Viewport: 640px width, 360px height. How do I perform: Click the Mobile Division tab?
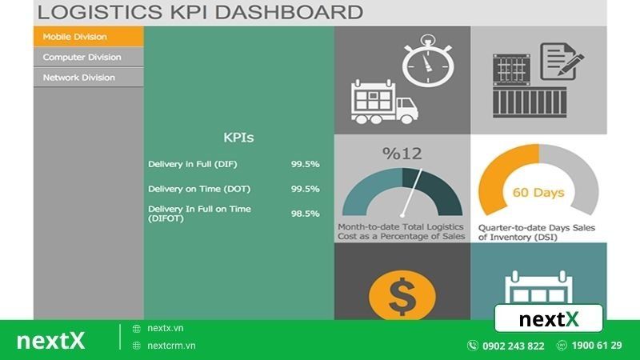click(x=88, y=36)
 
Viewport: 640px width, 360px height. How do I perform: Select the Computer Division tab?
click(x=88, y=57)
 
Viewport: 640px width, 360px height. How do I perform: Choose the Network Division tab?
click(x=88, y=78)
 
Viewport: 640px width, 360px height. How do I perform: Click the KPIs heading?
click(x=238, y=138)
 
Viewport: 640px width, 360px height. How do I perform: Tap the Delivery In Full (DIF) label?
click(x=193, y=164)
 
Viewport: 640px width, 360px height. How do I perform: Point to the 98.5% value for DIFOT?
click(x=305, y=214)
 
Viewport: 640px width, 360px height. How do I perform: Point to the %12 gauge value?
click(x=402, y=154)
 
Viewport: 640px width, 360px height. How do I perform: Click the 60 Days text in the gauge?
click(x=538, y=193)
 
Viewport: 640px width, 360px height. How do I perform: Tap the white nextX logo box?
click(x=548, y=319)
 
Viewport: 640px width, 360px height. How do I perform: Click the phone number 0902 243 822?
click(x=513, y=346)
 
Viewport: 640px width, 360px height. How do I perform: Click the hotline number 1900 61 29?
click(x=597, y=346)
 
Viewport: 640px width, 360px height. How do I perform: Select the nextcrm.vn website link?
click(x=171, y=346)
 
